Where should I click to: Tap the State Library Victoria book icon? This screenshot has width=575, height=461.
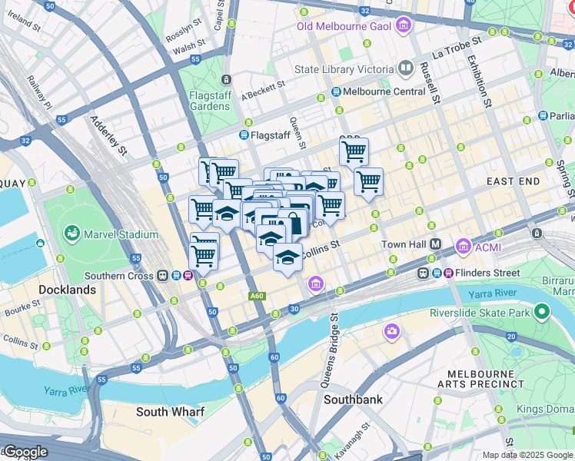(406, 69)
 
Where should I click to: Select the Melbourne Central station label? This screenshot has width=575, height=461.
(384, 91)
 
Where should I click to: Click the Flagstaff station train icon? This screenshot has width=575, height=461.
(244, 135)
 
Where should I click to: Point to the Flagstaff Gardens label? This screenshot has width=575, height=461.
(210, 101)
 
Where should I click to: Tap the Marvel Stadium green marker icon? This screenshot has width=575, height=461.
(72, 232)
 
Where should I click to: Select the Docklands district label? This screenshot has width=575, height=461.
(67, 290)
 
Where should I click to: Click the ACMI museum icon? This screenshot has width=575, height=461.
(464, 246)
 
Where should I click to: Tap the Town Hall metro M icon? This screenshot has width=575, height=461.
(434, 244)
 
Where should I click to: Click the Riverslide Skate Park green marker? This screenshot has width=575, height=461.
(542, 313)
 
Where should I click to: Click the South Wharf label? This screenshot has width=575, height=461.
(170, 412)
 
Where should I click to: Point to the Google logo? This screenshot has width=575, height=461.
(25, 452)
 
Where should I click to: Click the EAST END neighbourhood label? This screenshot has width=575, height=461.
(514, 181)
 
